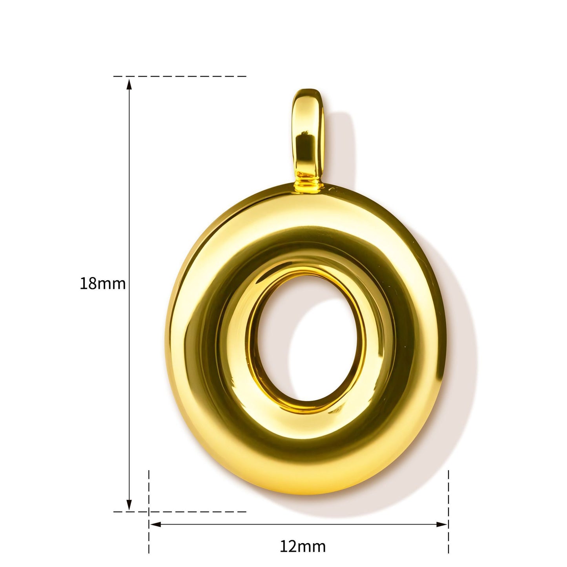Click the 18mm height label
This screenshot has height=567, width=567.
click(102, 284)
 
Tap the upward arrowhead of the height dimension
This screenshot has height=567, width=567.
click(129, 84)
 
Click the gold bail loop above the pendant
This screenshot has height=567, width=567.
click(308, 138)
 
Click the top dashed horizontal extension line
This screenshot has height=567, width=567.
click(180, 77)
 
